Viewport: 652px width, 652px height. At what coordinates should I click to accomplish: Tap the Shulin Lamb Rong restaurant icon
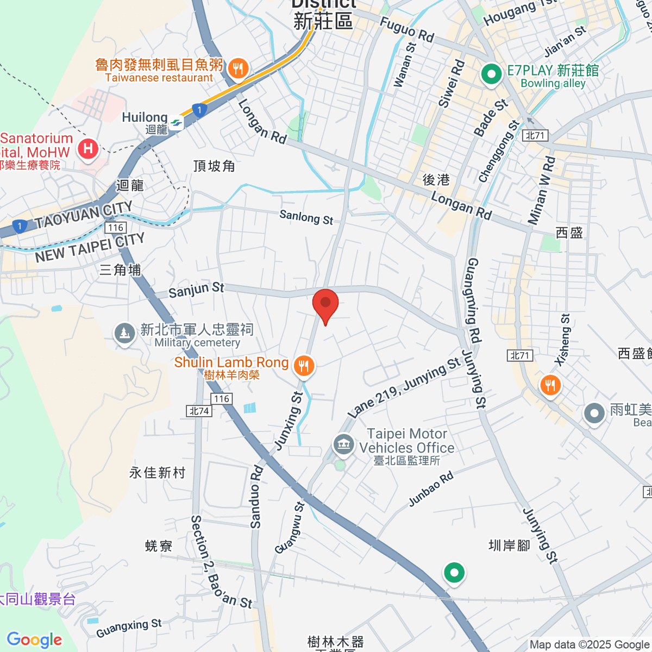[x=304, y=366]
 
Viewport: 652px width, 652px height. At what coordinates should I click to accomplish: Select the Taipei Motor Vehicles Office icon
[x=343, y=445]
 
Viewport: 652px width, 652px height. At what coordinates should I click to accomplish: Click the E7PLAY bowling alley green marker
[x=492, y=73]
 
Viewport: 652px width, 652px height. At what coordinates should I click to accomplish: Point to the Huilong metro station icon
[x=176, y=123]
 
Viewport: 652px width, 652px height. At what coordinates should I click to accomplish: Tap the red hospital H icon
[x=87, y=148]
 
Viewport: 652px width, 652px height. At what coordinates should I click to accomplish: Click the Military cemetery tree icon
[x=125, y=333]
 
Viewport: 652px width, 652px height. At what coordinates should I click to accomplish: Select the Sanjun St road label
[x=196, y=289]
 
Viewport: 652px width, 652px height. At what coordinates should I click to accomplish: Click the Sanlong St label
[x=306, y=217]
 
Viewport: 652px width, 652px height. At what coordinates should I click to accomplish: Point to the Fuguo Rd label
[x=407, y=29]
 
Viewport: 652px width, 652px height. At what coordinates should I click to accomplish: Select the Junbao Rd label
[x=431, y=490]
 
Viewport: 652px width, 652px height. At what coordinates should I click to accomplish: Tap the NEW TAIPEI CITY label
[x=90, y=248]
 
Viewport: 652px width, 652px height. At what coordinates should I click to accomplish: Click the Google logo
[x=34, y=640]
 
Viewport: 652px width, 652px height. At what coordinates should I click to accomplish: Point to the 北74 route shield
[x=199, y=411]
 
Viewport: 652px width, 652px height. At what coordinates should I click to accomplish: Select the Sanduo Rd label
[x=256, y=497]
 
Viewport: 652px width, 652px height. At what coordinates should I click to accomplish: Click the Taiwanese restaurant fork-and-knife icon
[x=238, y=68]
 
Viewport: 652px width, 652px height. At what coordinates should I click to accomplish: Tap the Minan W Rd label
[x=542, y=190]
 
